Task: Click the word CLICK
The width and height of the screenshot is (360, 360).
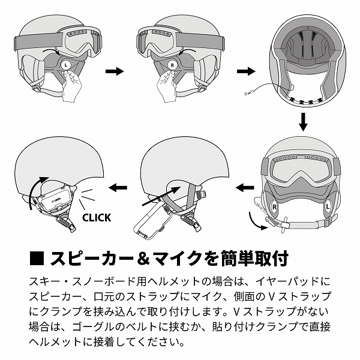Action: (x=96, y=217)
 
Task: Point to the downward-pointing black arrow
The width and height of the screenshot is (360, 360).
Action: (x=303, y=121)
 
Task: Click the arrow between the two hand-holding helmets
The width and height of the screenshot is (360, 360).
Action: (x=114, y=71)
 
